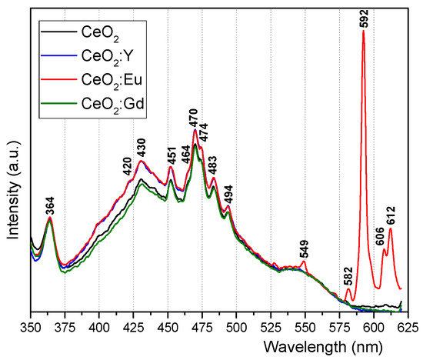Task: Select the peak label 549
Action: pyautogui.click(x=305, y=250)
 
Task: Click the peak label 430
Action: pyautogui.click(x=141, y=145)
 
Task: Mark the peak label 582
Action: pyautogui.click(x=348, y=274)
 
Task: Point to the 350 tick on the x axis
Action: pyautogui.click(x=30, y=325)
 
